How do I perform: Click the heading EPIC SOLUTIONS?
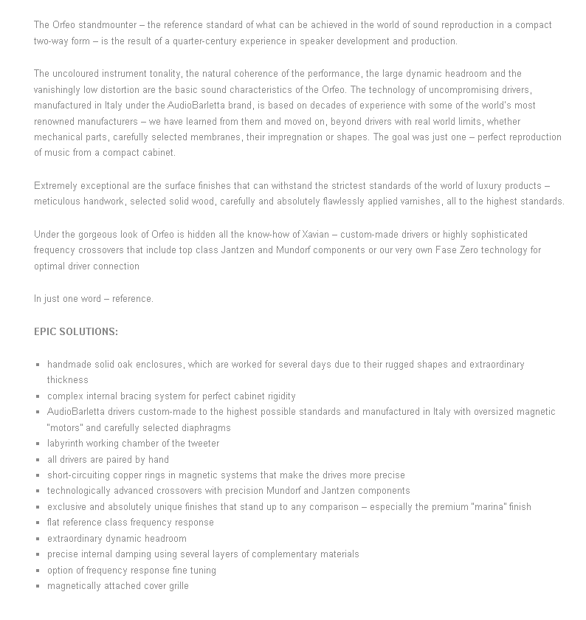click(x=76, y=331)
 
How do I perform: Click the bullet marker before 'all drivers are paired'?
click(x=38, y=460)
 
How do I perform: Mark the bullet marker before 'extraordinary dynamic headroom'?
click(x=38, y=539)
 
